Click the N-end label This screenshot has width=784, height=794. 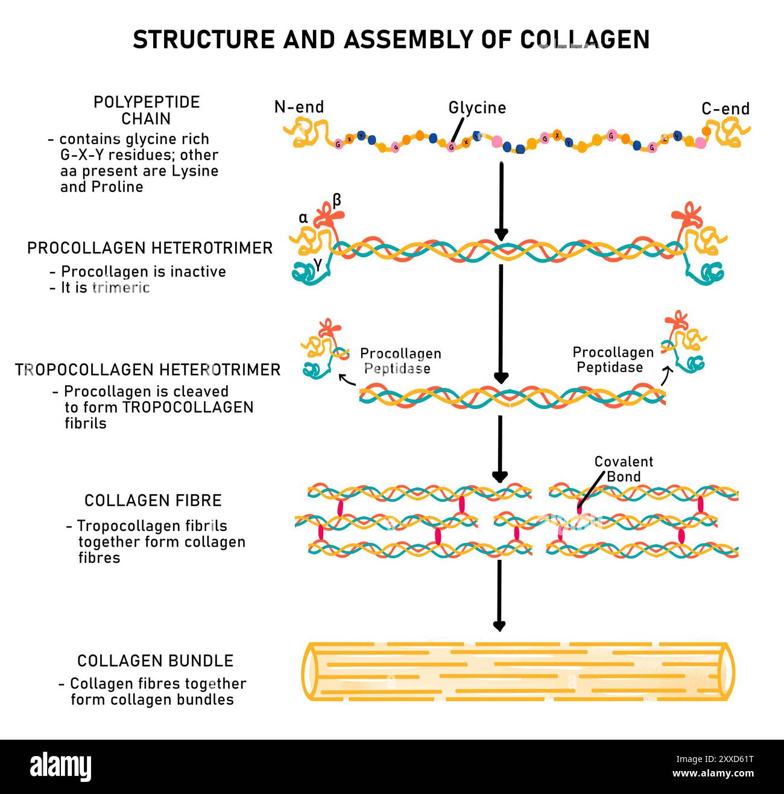pyautogui.click(x=299, y=107)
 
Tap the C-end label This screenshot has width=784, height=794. pyautogui.click(x=726, y=109)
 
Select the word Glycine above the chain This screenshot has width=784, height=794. pyautogui.click(x=477, y=107)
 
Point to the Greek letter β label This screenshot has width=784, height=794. pyautogui.click(x=337, y=200)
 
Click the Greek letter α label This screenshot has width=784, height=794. pyautogui.click(x=303, y=218)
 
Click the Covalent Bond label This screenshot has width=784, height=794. pyautogui.click(x=624, y=469)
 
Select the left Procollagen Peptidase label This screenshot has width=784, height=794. pyautogui.click(x=400, y=361)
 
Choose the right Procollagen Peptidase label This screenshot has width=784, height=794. pyautogui.click(x=613, y=360)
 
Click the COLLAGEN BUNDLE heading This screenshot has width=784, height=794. pyautogui.click(x=155, y=661)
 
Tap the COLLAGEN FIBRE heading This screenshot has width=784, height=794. pyautogui.click(x=153, y=500)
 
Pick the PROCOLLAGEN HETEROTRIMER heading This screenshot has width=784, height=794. pyautogui.click(x=150, y=248)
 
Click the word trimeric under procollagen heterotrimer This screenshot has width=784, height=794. pyautogui.click(x=121, y=287)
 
